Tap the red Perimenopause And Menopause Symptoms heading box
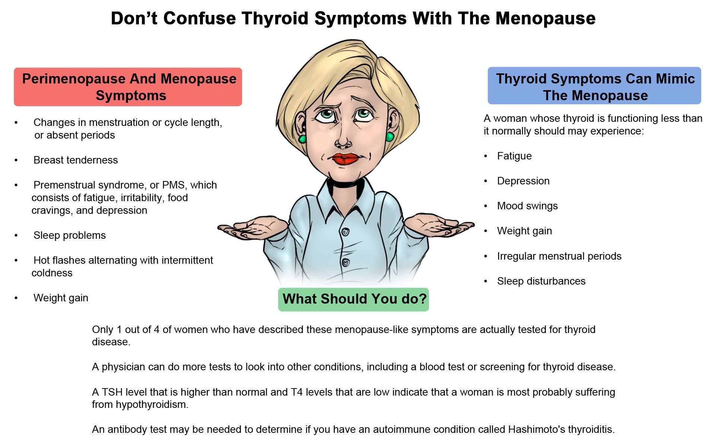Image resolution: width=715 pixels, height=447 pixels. click(x=128, y=87)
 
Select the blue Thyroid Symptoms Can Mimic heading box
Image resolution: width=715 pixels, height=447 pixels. click(x=594, y=86)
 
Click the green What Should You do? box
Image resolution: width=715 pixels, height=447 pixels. click(x=353, y=299)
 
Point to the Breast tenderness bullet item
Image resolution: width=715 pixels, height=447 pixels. click(x=76, y=160)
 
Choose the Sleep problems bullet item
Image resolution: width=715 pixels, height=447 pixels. click(x=70, y=235)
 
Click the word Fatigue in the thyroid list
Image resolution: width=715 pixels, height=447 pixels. click(x=514, y=156)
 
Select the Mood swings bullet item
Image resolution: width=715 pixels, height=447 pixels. click(x=527, y=206)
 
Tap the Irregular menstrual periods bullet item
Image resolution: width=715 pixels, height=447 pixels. click(x=559, y=256)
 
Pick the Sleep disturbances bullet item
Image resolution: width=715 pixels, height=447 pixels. click(x=541, y=281)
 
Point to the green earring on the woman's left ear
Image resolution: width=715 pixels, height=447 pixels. click(x=390, y=137)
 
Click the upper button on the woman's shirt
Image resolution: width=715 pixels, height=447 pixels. click(x=345, y=232)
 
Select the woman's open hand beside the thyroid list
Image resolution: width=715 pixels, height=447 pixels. click(x=439, y=225)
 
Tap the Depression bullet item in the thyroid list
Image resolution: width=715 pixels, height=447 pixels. click(x=523, y=181)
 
